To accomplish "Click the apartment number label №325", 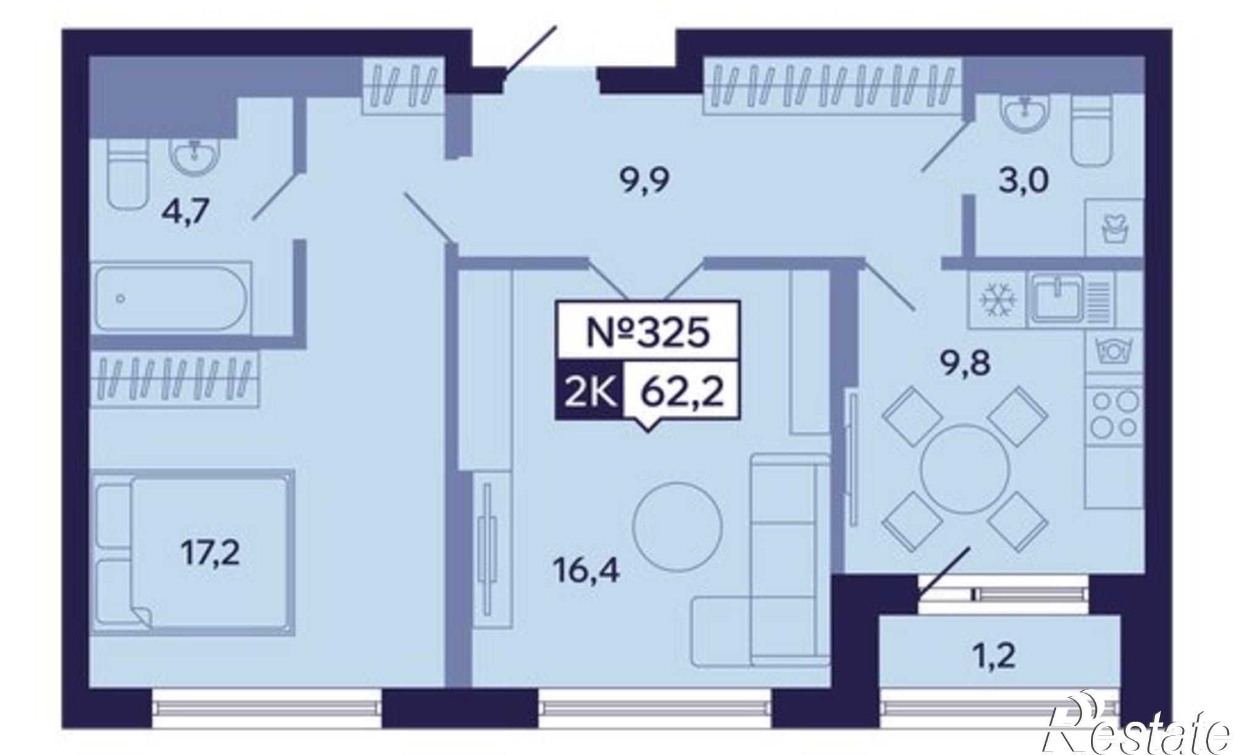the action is [647, 333].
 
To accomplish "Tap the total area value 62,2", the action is [682, 391].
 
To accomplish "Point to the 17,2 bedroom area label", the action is [210, 554].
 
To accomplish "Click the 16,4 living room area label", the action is [586, 571].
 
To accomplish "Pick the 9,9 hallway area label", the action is [644, 181].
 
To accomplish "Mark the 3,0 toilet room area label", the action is [1023, 180].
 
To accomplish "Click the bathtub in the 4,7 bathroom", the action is [170, 298].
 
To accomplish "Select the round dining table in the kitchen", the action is [964, 467].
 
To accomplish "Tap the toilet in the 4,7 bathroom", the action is [128, 173].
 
